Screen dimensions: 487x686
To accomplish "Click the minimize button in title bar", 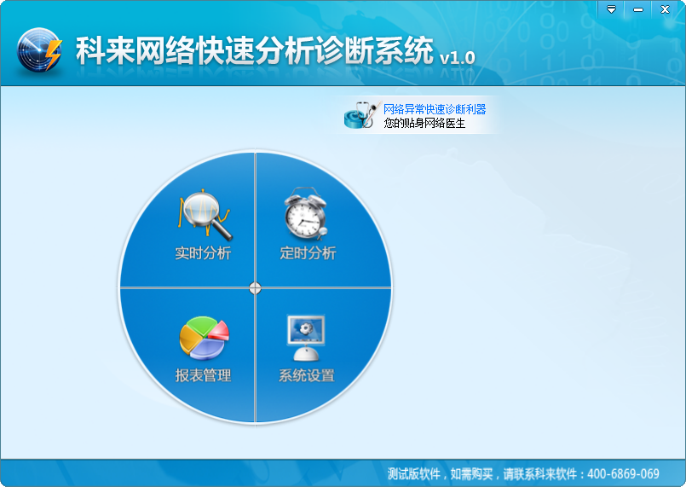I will (x=637, y=9).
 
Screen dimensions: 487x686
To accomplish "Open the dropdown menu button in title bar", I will (x=610, y=9).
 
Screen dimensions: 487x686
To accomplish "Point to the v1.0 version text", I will (x=457, y=57).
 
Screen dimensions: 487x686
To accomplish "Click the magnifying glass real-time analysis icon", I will (x=205, y=216).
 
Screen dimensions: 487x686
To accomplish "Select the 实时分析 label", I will (x=203, y=253).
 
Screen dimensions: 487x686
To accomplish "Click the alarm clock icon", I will (x=304, y=214).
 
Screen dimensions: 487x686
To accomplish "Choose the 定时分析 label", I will (x=308, y=253).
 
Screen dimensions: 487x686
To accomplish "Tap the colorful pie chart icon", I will (x=204, y=338).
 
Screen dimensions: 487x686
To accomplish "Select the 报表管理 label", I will (x=203, y=375).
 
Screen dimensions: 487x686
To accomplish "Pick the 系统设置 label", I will (x=307, y=375).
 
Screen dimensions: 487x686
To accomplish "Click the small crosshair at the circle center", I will (x=255, y=288).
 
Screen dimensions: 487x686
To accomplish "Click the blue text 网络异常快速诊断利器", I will (x=435, y=109).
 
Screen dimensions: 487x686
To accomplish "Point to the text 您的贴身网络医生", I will (x=424, y=123).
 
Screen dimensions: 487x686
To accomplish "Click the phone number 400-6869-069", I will (x=625, y=474).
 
